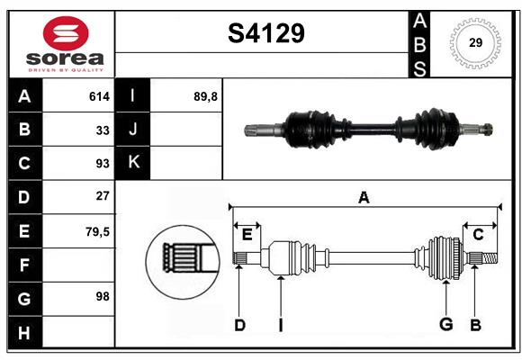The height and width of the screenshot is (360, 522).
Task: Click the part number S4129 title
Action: click(x=265, y=34)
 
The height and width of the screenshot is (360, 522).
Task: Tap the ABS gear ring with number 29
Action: click(x=474, y=43)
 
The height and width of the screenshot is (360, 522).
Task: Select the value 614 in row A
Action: click(x=98, y=96)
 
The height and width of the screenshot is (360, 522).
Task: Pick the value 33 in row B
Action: click(x=102, y=130)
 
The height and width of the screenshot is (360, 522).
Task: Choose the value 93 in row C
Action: click(x=102, y=164)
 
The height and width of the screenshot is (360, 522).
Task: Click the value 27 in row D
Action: click(x=102, y=196)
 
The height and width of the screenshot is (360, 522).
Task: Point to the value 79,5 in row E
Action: click(x=97, y=230)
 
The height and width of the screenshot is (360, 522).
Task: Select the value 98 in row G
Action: click(x=102, y=296)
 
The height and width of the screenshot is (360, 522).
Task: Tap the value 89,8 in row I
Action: click(x=205, y=96)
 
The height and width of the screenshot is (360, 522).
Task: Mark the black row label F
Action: click(x=24, y=264)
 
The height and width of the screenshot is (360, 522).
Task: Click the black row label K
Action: click(x=133, y=163)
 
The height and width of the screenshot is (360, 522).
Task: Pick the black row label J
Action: click(x=133, y=130)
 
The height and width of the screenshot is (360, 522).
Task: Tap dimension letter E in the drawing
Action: click(x=247, y=234)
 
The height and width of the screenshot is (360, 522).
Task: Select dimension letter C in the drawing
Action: click(x=478, y=234)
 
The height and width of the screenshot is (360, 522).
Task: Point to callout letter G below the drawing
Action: click(x=445, y=324)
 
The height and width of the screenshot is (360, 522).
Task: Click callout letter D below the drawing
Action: click(x=239, y=324)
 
